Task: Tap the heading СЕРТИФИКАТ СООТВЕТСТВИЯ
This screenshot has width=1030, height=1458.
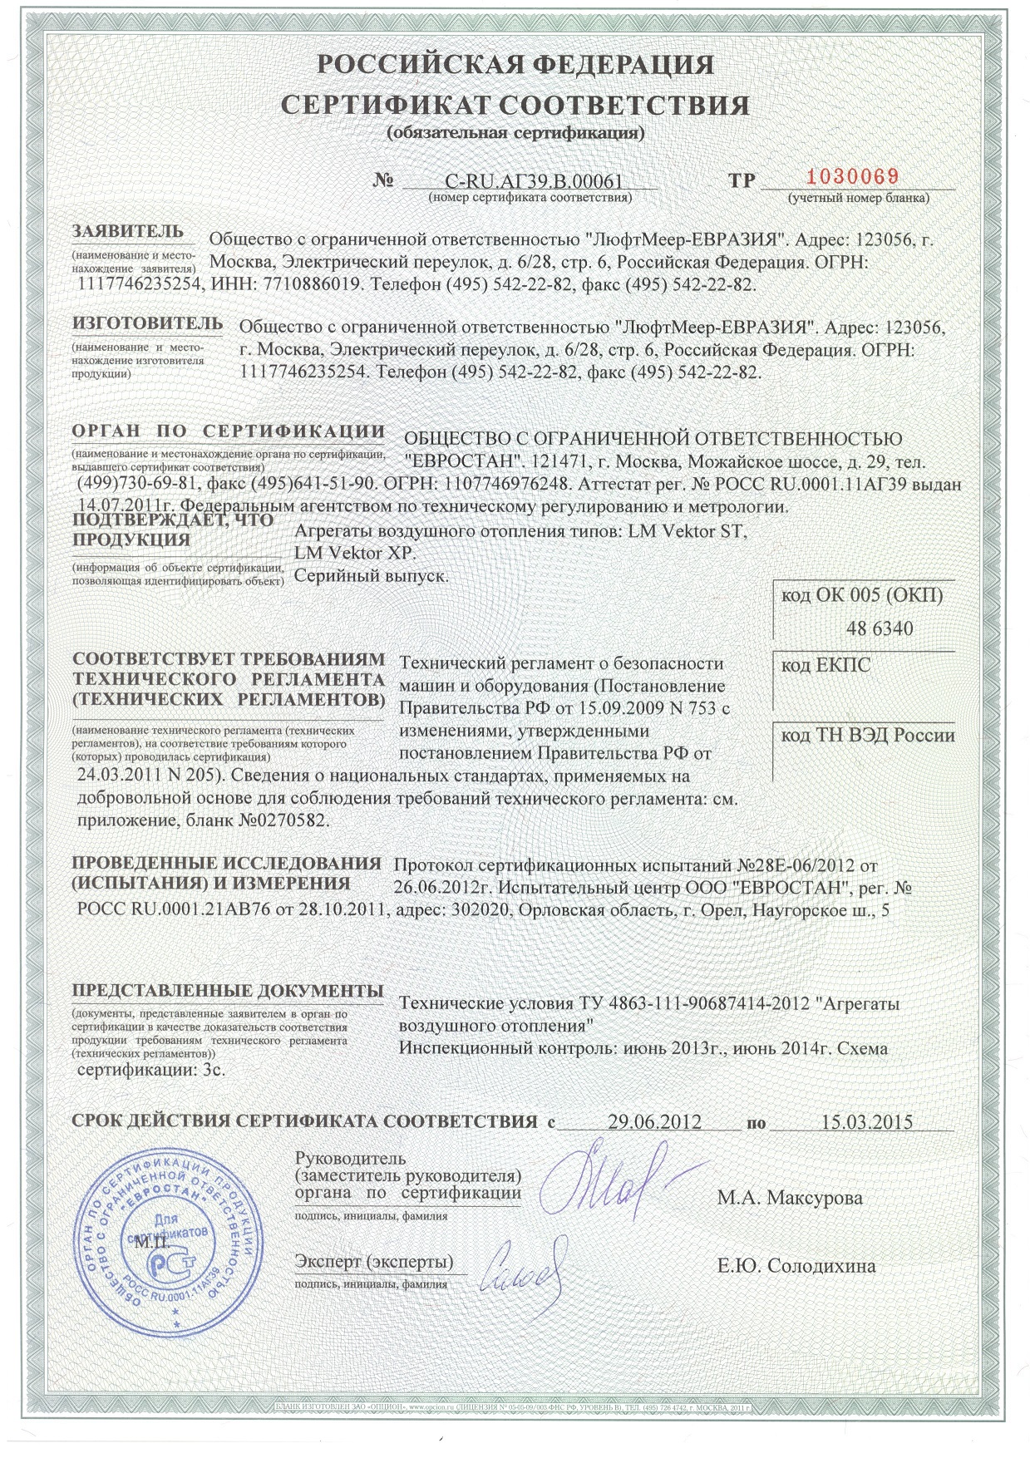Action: tap(515, 106)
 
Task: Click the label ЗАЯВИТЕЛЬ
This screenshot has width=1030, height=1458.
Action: tap(127, 230)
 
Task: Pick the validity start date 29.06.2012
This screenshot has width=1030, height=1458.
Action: tap(654, 1121)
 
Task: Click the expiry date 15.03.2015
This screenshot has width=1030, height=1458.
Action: tap(866, 1121)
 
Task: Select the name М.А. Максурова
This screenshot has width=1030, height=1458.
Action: tap(790, 1198)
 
